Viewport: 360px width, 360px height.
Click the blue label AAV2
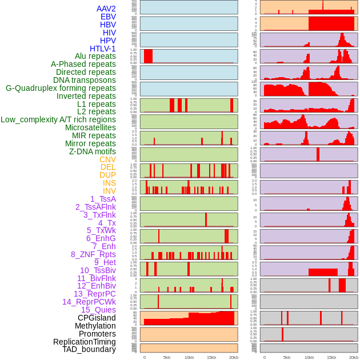pos(106,9)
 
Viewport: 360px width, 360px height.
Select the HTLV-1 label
pos(102,49)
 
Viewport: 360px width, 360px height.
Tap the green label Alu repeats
pos(95,57)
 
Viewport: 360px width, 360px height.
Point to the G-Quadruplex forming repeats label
pos(61,88)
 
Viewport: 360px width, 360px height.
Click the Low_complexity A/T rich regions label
pos(58,119)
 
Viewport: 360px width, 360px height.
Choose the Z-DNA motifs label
pos(92,151)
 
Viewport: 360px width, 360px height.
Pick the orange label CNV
pos(107,159)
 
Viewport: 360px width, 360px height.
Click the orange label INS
pos(109,183)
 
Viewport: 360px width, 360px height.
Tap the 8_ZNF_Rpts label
pos(93,254)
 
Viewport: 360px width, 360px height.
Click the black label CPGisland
pos(97,318)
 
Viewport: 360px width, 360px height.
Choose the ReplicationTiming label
pos(85,342)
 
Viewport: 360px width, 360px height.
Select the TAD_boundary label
pos(89,349)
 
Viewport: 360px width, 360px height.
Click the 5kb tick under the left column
pos(167,357)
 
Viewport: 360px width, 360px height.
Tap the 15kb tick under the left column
pos(211,357)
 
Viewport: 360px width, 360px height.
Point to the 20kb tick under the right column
pos(354,357)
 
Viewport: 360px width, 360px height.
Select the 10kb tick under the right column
pos(309,357)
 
